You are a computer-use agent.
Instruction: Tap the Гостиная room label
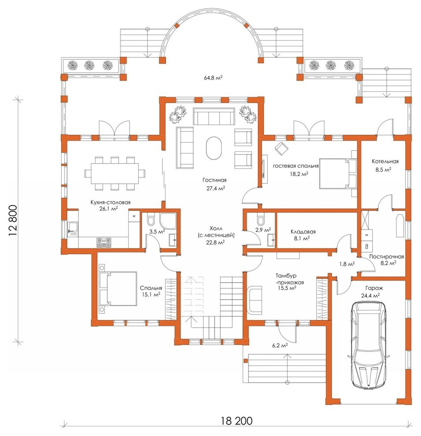click(214, 180)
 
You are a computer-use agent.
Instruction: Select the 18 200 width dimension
click(237, 421)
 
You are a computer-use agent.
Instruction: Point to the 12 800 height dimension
click(13, 221)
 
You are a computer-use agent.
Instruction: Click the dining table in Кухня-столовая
click(115, 174)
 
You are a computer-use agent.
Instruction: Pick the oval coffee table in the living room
click(214, 148)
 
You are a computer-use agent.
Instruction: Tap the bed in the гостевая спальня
click(338, 174)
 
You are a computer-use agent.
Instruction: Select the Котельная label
click(385, 161)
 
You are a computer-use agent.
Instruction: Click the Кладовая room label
click(303, 232)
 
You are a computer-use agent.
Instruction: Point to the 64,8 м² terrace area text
click(213, 78)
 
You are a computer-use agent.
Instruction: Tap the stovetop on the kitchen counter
click(104, 242)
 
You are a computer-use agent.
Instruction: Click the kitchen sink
click(73, 229)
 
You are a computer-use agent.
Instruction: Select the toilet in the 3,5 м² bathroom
click(151, 219)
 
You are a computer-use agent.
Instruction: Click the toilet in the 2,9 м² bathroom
click(261, 219)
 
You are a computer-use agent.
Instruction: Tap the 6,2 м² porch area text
click(280, 345)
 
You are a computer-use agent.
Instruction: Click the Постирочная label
click(387, 257)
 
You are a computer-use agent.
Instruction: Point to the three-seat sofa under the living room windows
click(214, 116)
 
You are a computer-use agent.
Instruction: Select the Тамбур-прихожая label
click(289, 279)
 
